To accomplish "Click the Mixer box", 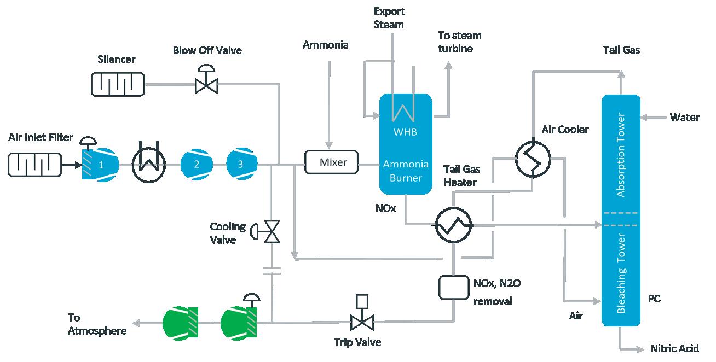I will pos(331,162).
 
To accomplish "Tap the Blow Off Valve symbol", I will pos(206,84).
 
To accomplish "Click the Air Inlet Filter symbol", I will pos(33,164).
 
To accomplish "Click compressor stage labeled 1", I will pos(102,164).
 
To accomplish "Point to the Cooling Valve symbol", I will pos(271,232).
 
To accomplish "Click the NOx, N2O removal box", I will pos(453,287).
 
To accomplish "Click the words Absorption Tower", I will pos(621,155).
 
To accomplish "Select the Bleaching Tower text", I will pos(621,273).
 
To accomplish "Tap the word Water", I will pos(685,117).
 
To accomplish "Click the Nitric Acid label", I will pos(674,348).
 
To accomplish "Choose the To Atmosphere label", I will pos(97,324).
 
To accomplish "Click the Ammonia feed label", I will pos(325,45).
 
